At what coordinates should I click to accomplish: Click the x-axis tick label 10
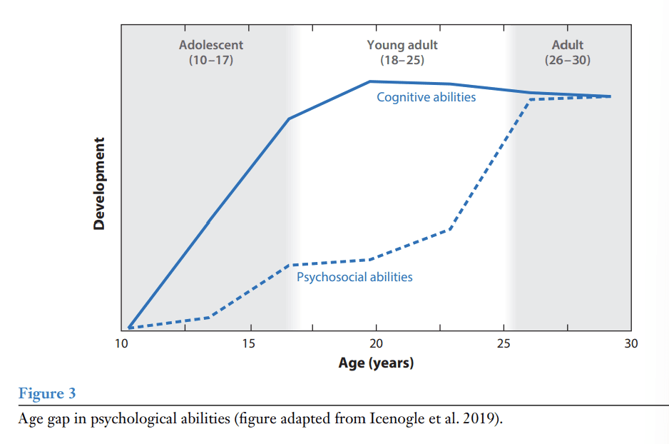pyautogui.click(x=121, y=344)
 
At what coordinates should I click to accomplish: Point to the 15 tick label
pyautogui.click(x=248, y=344)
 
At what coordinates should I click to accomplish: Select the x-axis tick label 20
pyautogui.click(x=376, y=344)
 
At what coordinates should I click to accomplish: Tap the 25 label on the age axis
pyautogui.click(x=504, y=344)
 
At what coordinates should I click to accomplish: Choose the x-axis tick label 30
pyautogui.click(x=630, y=344)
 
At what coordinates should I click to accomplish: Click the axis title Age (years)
pyautogui.click(x=376, y=363)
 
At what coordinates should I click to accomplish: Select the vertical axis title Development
pyautogui.click(x=99, y=183)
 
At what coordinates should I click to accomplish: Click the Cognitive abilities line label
pyautogui.click(x=426, y=97)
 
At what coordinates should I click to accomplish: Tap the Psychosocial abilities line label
pyautogui.click(x=354, y=277)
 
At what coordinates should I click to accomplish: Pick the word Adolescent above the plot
pyautogui.click(x=211, y=45)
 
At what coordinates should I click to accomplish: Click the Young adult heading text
pyautogui.click(x=402, y=45)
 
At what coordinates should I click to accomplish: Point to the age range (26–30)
pyautogui.click(x=567, y=60)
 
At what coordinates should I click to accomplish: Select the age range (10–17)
pyautogui.click(x=211, y=60)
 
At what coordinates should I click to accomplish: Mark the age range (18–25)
pyautogui.click(x=402, y=60)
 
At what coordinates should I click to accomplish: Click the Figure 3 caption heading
pyautogui.click(x=46, y=393)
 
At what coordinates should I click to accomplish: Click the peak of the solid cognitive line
pyautogui.click(x=370, y=81)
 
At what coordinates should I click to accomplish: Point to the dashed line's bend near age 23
pyautogui.click(x=449, y=229)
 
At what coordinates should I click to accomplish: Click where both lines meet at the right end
pyautogui.click(x=610, y=96)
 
